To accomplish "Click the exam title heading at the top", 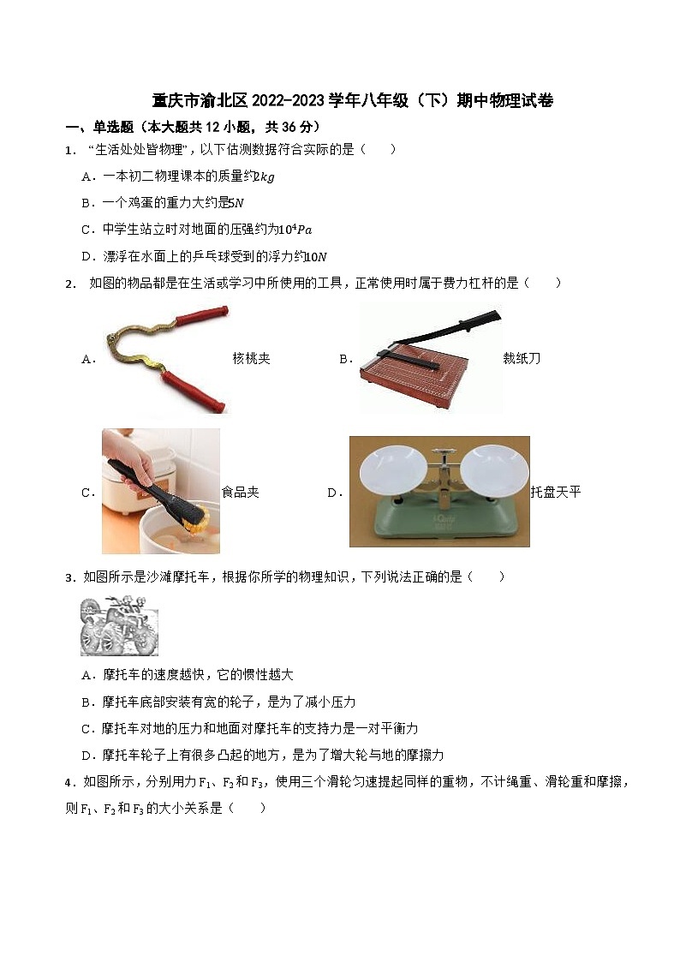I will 352,101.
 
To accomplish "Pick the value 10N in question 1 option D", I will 317,256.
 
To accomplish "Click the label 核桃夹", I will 251,359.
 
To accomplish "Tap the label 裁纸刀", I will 522,359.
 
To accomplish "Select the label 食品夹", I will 240,492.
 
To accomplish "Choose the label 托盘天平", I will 556,492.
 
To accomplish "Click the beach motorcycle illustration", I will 119,626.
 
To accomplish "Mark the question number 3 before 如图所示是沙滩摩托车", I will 69,577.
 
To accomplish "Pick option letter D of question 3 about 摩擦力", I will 86,756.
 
